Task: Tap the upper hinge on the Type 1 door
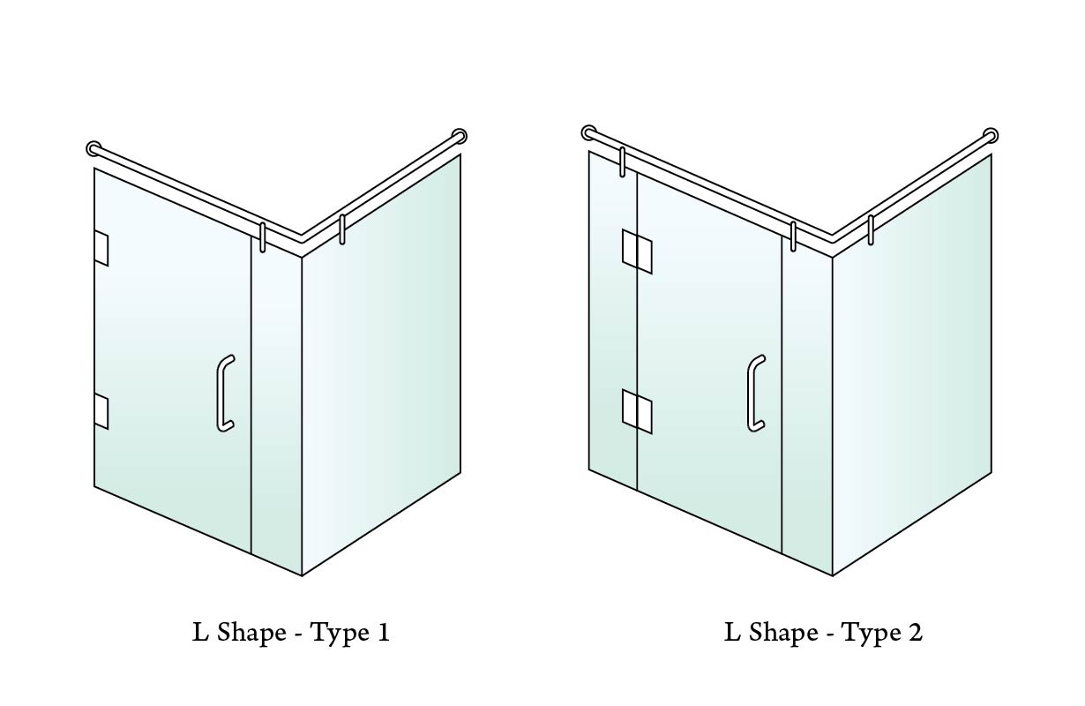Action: click(x=101, y=249)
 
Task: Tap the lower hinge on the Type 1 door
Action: click(x=101, y=412)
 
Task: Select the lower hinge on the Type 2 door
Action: click(x=637, y=411)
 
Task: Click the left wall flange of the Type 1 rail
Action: click(x=94, y=148)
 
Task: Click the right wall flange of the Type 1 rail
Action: click(x=460, y=136)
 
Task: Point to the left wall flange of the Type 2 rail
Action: click(x=588, y=132)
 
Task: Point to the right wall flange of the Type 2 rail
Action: click(x=991, y=135)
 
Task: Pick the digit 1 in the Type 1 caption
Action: click(x=384, y=633)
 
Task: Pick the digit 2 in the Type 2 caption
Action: click(x=915, y=633)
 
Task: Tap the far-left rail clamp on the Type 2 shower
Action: click(x=623, y=161)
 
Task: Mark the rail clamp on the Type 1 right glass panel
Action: click(x=342, y=229)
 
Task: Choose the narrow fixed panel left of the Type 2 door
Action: click(x=613, y=319)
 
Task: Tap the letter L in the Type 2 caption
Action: click(x=732, y=633)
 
